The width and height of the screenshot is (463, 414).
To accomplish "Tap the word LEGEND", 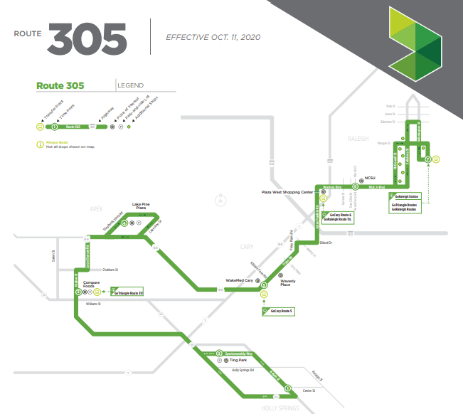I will point(131,85).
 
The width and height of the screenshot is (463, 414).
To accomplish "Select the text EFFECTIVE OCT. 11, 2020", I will point(211,37).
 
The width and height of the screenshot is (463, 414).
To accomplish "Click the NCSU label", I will point(369,178).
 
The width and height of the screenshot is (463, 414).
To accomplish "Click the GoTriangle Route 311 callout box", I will point(127,292).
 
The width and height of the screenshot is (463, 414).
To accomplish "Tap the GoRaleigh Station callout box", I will point(407,196).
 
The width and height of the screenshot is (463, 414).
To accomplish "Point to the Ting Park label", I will point(248,361).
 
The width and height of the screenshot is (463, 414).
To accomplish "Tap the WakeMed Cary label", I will point(240,281).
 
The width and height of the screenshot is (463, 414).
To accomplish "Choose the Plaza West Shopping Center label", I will point(287,192).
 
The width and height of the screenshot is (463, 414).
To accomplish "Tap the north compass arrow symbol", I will point(221,201).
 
